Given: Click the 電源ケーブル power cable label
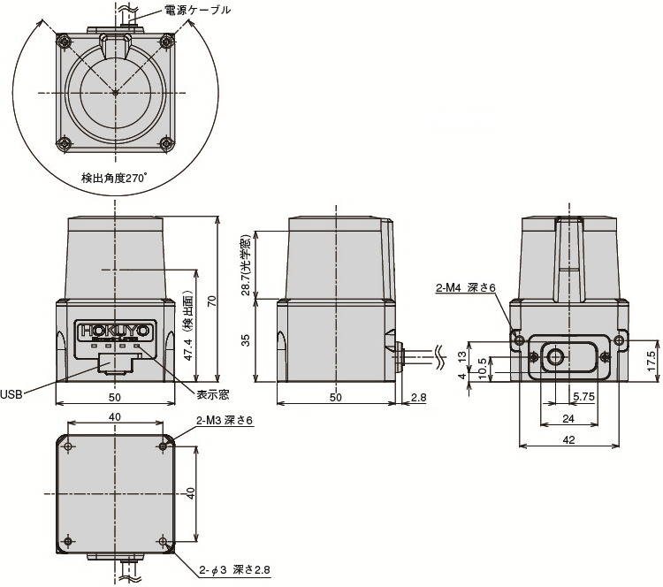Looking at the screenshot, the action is point(197,10).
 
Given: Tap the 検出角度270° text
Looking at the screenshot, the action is point(114,178).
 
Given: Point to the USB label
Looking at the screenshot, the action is point(11,395).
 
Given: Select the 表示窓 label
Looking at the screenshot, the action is point(212,394).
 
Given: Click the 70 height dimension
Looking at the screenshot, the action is point(212,301).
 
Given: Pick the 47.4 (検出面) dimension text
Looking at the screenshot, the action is point(188,324).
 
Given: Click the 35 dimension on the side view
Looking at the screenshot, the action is point(246,340).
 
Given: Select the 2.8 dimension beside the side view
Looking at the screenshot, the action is point(419,397).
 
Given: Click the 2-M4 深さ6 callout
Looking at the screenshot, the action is point(466,288).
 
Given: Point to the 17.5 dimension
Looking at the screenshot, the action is point(653,361).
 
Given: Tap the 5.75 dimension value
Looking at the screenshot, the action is point(583,396).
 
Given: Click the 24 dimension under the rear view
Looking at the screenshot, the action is point(568,419).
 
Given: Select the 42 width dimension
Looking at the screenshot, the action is point(568,440).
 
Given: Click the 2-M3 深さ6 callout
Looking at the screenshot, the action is point(225,421).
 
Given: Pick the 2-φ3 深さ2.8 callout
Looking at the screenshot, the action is point(234,569).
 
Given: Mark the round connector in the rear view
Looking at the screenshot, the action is point(555,357).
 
